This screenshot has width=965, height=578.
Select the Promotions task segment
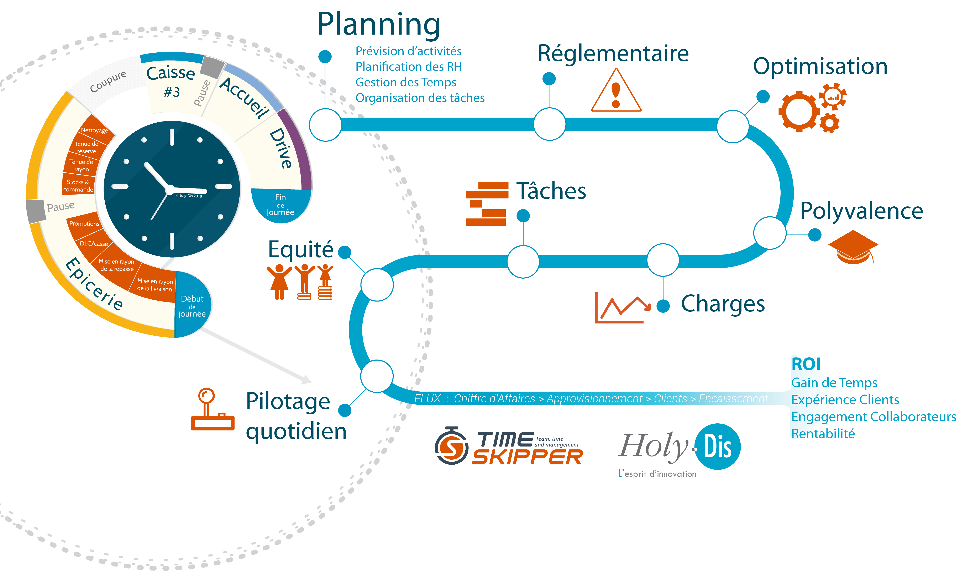pyautogui.click(x=84, y=224)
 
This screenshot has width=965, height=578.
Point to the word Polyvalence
pyautogui.click(x=861, y=211)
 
